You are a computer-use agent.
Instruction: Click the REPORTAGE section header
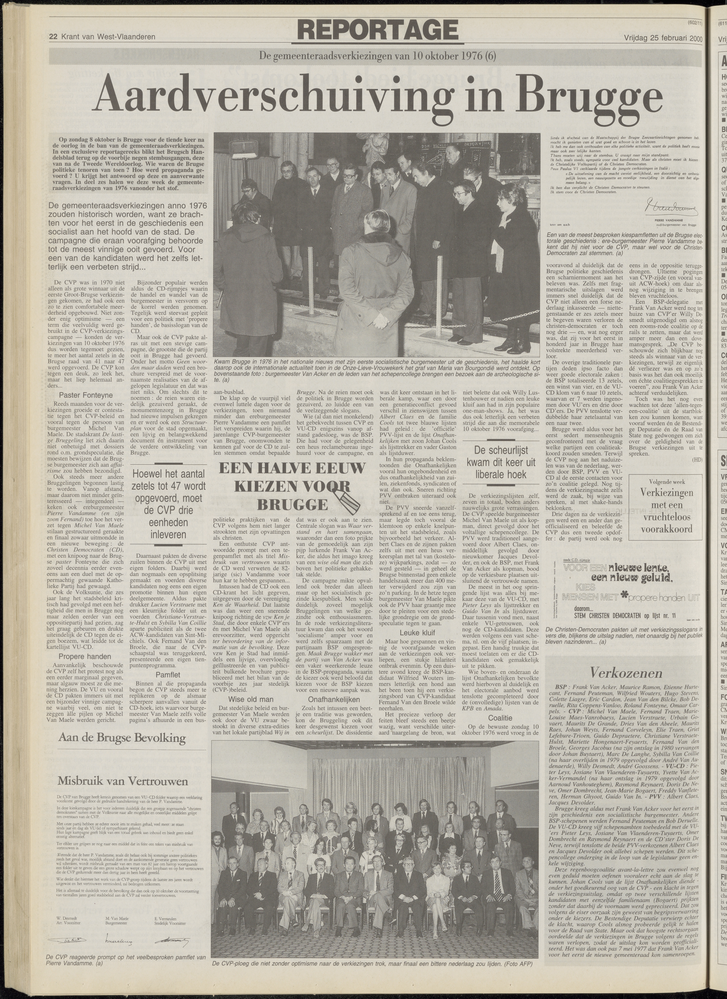378,30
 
